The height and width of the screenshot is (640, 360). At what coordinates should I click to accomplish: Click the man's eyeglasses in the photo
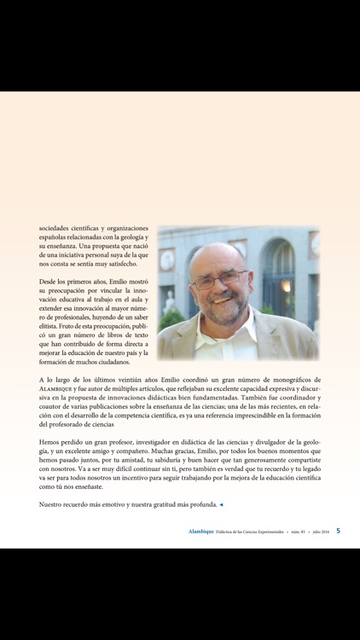click(x=224, y=281)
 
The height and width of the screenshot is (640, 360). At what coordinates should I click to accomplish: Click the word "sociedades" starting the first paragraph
click(x=57, y=229)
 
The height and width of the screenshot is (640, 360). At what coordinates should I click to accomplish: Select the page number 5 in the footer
click(x=338, y=530)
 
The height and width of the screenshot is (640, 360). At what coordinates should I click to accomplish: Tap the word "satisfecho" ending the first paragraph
click(x=132, y=264)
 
